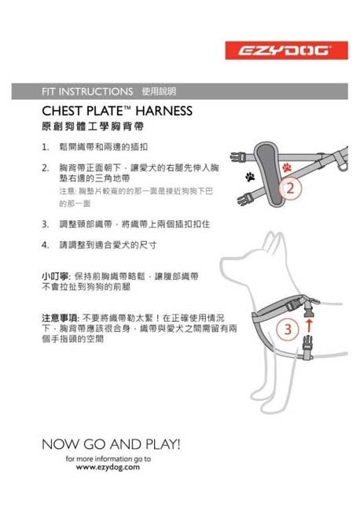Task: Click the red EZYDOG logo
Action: [x=286, y=50]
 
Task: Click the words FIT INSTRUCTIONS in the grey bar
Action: [x=87, y=91]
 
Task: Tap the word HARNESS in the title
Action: [x=163, y=111]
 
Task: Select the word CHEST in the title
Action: [x=62, y=111]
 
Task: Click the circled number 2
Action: [x=290, y=189]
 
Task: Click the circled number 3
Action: [x=288, y=329]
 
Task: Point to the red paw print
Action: [x=287, y=167]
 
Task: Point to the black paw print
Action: [x=250, y=177]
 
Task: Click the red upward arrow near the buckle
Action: [x=309, y=326]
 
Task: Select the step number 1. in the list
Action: [x=46, y=147]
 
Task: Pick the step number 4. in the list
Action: [x=46, y=244]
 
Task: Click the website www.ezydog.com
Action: [x=108, y=467]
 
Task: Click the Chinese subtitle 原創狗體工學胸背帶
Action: [x=93, y=126]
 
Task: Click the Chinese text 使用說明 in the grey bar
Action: [x=159, y=91]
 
